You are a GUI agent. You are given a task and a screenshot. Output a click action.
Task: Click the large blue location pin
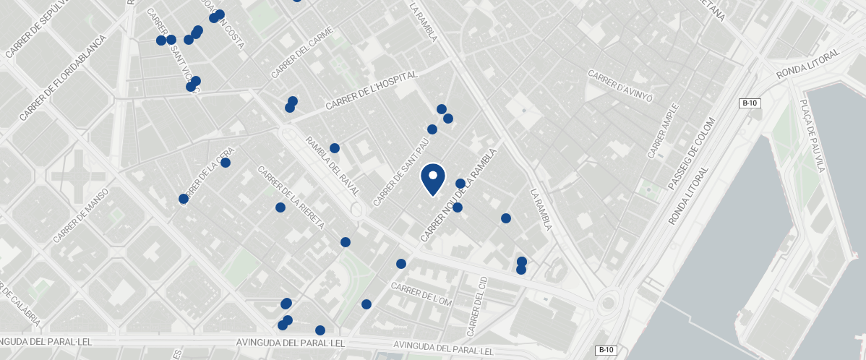click(432, 179)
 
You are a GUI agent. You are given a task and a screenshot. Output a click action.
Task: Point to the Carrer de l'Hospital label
click(372, 90)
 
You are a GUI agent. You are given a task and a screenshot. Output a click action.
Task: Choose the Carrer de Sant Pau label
click(397, 171)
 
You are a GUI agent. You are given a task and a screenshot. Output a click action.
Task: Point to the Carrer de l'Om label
click(421, 294)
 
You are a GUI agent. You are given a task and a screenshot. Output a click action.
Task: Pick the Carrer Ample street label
click(663, 131)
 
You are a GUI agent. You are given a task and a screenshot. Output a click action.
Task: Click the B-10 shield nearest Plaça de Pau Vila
click(750, 103)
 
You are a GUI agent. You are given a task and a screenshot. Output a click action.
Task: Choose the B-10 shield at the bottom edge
click(605, 351)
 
